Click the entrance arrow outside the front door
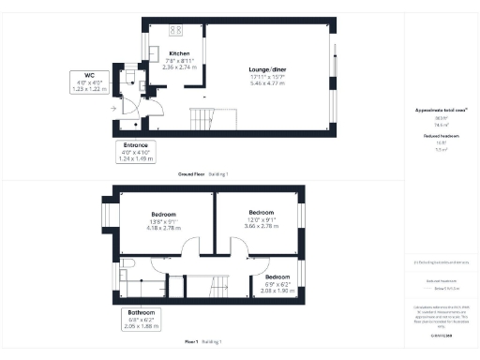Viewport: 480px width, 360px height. [113, 109]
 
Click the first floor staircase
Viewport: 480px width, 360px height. [219, 287]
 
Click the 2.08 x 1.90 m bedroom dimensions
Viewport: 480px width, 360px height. [277, 291]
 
